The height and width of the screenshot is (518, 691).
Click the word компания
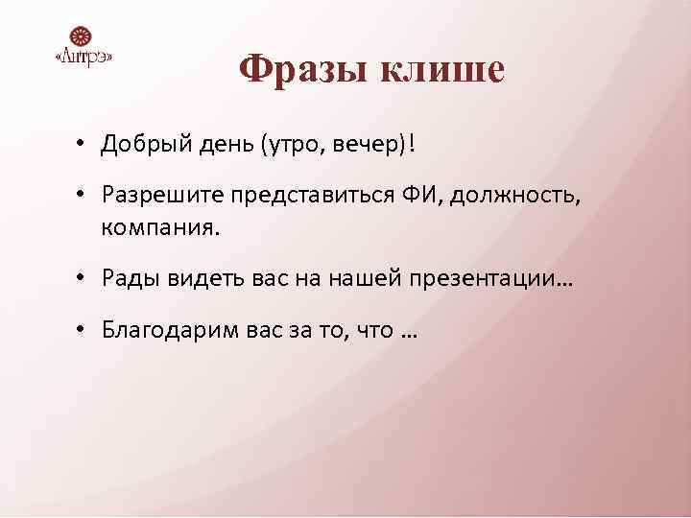pos(157,229)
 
